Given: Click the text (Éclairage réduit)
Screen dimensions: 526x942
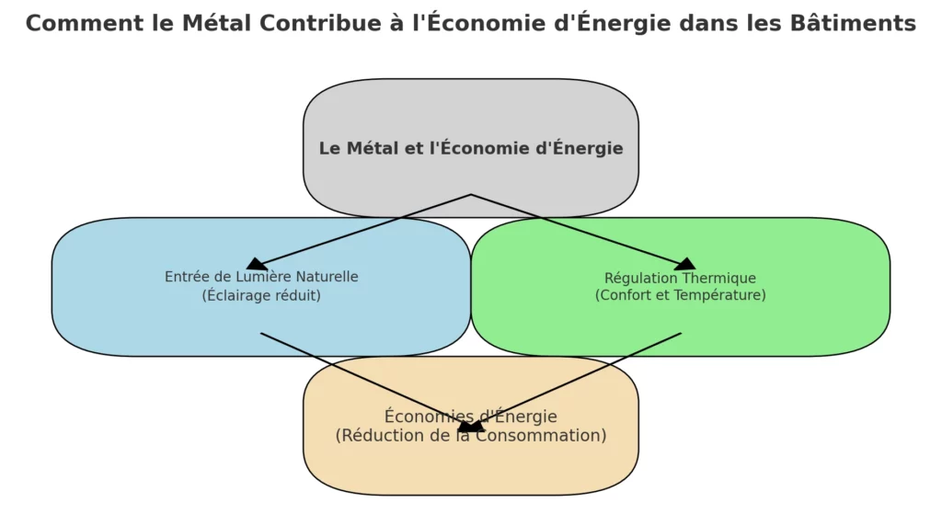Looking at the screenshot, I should click(x=261, y=295).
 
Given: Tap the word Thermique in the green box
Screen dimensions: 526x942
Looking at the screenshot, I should click(x=719, y=278).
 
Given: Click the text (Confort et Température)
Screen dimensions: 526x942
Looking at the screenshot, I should click(x=680, y=295).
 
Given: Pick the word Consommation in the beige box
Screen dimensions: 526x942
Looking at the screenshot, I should click(x=547, y=435).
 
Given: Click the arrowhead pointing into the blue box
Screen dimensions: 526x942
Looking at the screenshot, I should click(x=257, y=265).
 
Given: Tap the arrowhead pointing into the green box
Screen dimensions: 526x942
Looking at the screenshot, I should click(x=685, y=265).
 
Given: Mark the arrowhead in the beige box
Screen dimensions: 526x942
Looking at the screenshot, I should click(x=470, y=427).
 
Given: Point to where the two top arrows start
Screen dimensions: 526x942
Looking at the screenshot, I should click(x=471, y=195).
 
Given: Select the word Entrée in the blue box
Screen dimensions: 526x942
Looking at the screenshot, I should click(x=186, y=277).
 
